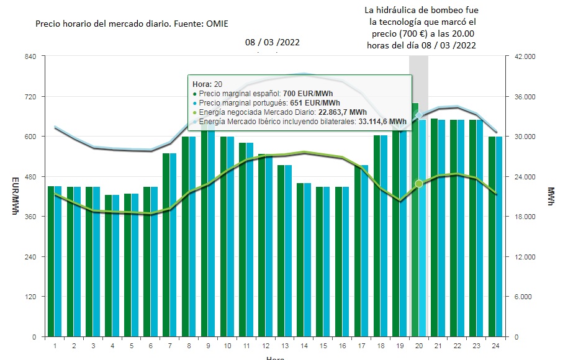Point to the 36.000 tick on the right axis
(521, 97)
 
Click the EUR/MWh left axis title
(16, 197)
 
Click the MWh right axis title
(551, 197)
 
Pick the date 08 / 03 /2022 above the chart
(273, 43)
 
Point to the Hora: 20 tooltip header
(207, 84)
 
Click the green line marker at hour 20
(419, 183)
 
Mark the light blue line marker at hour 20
(419, 115)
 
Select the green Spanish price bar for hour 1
(52, 261)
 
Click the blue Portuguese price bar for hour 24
(500, 236)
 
